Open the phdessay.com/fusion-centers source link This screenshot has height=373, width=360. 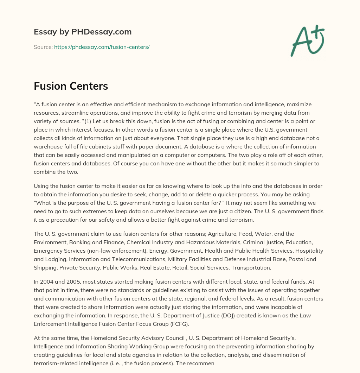point(102,47)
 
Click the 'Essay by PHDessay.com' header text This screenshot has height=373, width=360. point(83,32)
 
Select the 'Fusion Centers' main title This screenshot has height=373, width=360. point(71,86)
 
